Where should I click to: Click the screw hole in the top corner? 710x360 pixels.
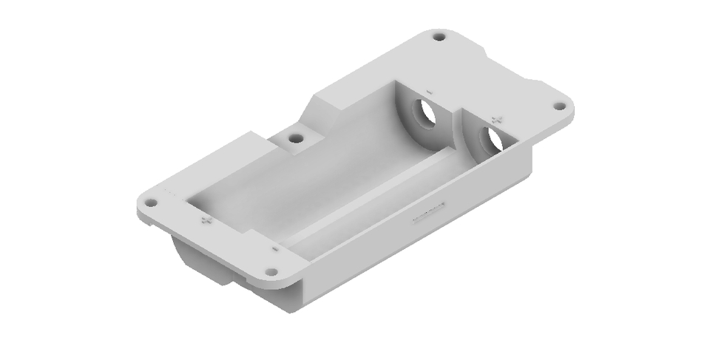pos(439,35)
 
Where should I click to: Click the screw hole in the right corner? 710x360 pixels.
pos(560,106)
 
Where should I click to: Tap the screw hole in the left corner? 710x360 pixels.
pos(151,201)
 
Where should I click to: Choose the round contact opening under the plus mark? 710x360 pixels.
pos(489,138)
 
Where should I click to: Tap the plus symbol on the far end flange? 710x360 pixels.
pos(496,118)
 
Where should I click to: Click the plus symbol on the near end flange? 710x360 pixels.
pos(206,220)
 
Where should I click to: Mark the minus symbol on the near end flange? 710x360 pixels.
pos(274,250)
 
